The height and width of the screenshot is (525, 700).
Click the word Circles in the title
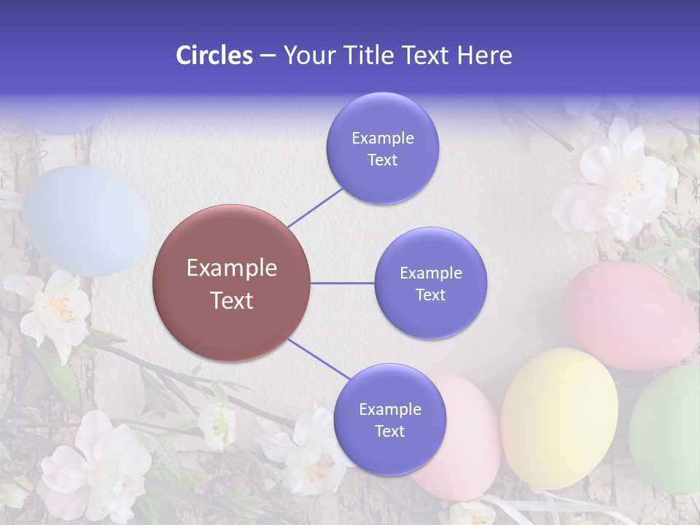pos(214,55)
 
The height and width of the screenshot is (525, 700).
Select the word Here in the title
pos(484,55)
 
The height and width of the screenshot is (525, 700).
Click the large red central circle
pos(231,283)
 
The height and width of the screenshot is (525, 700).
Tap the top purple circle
pos(382,148)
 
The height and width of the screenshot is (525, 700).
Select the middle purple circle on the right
pos(430,283)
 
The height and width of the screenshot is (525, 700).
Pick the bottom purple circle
pos(389,419)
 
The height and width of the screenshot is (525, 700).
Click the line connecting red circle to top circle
pos(316,207)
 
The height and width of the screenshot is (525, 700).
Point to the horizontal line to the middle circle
pos(342,283)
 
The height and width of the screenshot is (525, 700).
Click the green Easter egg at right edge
pos(667,430)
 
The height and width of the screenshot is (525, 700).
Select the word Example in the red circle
pos(231,268)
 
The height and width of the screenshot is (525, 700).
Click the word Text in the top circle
pos(382,160)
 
